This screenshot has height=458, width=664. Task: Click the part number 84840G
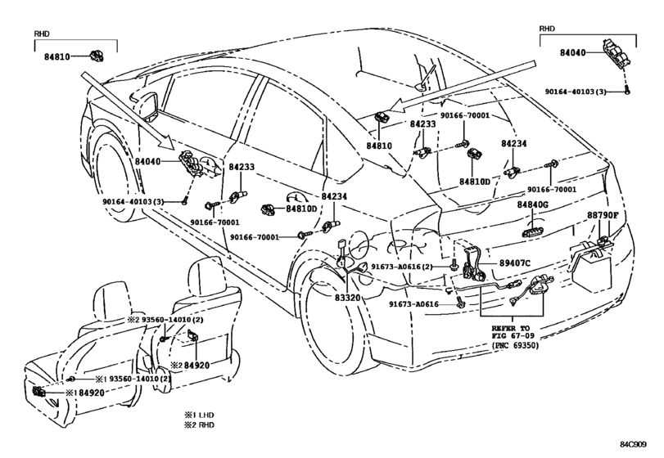click(x=532, y=204)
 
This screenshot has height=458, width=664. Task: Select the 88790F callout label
click(x=603, y=215)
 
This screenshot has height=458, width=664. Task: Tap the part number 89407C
click(x=514, y=263)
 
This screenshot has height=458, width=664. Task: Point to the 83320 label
click(x=348, y=298)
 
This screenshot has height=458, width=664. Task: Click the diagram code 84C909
click(x=633, y=444)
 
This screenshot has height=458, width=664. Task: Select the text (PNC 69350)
click(x=515, y=345)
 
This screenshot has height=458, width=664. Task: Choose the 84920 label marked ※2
click(x=190, y=365)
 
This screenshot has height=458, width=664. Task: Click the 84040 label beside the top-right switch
click(x=572, y=53)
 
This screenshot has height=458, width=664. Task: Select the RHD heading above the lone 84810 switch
click(x=42, y=34)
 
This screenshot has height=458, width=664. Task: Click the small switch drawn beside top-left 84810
click(x=97, y=56)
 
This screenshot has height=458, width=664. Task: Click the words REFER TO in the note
click(x=510, y=328)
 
